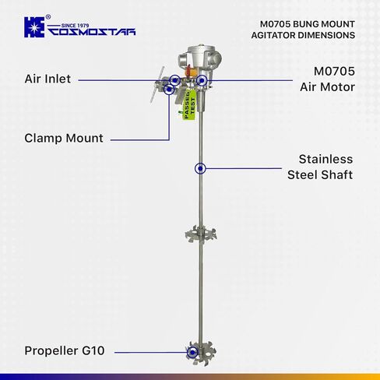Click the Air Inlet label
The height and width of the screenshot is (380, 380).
pyautogui.click(x=47, y=79)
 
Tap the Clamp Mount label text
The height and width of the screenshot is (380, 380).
pyautogui.click(x=64, y=138)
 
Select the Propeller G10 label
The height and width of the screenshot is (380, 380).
pyautogui.click(x=65, y=350)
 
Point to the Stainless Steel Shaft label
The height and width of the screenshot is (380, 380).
pyautogui.click(x=320, y=167)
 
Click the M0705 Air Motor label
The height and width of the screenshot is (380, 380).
pyautogui.click(x=327, y=79)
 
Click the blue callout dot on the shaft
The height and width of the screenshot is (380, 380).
pyautogui.click(x=200, y=168)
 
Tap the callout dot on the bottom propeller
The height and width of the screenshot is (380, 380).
pyautogui.click(x=192, y=352)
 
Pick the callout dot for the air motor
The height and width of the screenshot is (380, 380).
pyautogui.click(x=202, y=80)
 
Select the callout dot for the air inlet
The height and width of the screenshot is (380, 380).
pyautogui.click(x=175, y=80)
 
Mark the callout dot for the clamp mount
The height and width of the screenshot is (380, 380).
pyautogui.click(x=169, y=90)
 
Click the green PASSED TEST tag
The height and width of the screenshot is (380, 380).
pyautogui.click(x=189, y=104)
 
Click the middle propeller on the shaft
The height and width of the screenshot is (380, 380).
pyautogui.click(x=201, y=234)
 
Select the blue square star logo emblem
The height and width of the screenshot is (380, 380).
pyautogui.click(x=34, y=27)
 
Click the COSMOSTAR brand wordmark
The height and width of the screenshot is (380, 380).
pyautogui.click(x=92, y=32)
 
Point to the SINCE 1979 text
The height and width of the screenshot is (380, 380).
pyautogui.click(x=75, y=26)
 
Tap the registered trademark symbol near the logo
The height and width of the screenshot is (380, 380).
pyautogui.click(x=48, y=17)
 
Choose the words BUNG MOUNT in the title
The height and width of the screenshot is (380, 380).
pyautogui.click(x=324, y=24)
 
